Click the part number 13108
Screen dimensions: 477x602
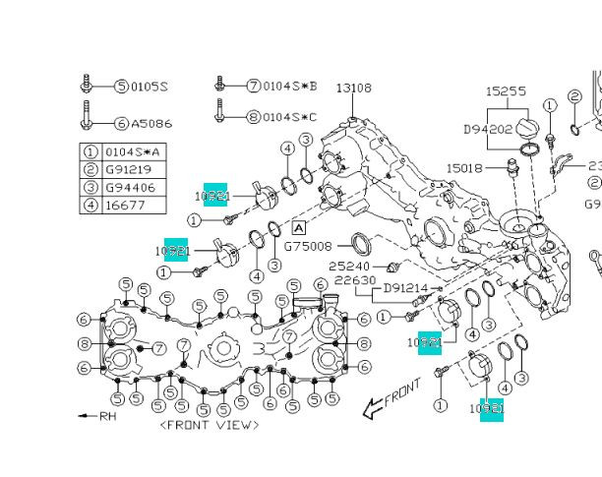pos(354,89)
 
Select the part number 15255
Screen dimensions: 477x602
pos(507,91)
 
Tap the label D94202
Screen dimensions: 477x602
pos(488,128)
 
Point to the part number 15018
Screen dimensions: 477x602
pos(466,169)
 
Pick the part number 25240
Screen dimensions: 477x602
pos(348,267)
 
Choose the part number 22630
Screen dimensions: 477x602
pos(354,280)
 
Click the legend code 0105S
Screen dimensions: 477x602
pos(150,87)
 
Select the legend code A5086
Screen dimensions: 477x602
pos(150,124)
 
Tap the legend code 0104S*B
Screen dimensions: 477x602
pos(290,87)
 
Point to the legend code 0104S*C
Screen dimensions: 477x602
pos(290,116)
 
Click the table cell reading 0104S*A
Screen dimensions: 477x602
pos(132,151)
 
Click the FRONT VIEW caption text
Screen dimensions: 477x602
pos(210,425)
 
